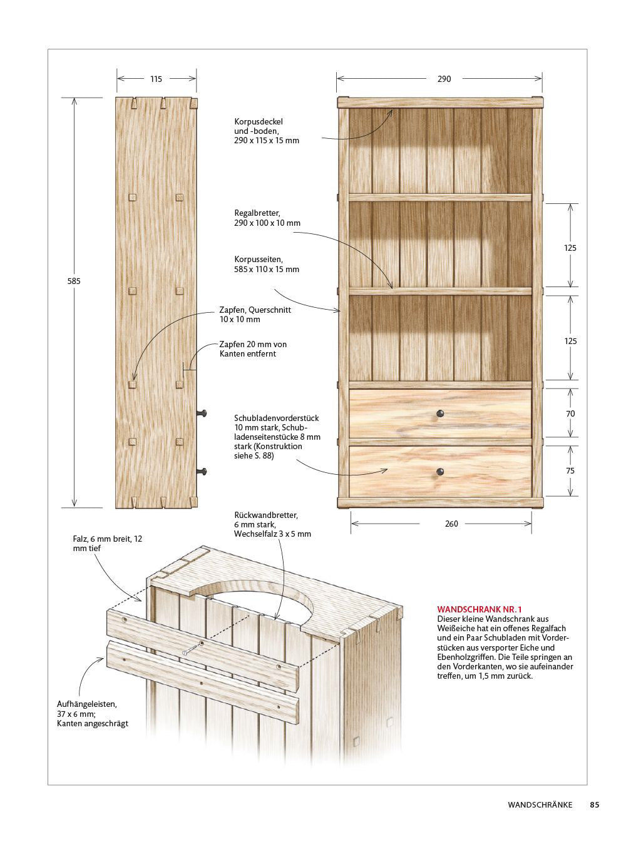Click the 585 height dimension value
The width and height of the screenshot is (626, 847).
point(74,281)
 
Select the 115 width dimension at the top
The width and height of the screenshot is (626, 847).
point(156,79)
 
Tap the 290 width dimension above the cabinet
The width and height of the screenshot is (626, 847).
point(444,79)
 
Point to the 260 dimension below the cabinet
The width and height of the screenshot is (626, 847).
point(451,524)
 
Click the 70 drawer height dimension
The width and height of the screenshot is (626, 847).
point(570,413)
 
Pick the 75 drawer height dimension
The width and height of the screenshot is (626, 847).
point(570,471)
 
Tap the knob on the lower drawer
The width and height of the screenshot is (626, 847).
point(440,472)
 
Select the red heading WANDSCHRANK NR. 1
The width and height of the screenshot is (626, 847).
point(480,609)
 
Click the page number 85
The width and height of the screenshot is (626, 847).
point(594,805)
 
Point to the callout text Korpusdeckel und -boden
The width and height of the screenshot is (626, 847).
point(267,131)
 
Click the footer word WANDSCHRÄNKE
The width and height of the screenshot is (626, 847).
point(540,805)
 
